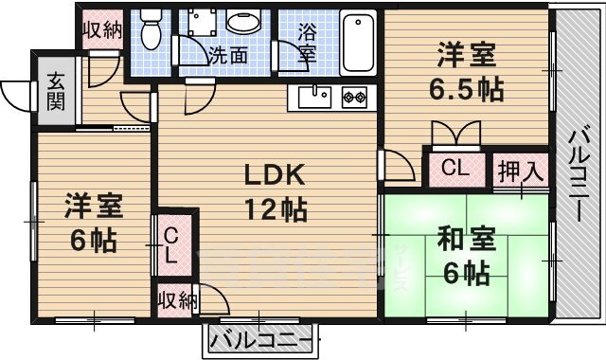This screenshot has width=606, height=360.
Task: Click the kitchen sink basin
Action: pos(313,96)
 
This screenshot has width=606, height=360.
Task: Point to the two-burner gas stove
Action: pos(353,96)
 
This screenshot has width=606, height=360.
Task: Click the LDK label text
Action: pos(274,175)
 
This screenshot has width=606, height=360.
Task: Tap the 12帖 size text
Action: pos(274,210)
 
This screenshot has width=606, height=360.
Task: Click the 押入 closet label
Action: pos(523,172)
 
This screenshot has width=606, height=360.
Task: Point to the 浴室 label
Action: pos(307,43)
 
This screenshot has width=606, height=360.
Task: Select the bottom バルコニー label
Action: pos(260,339)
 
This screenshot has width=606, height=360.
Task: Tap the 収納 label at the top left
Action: pos(101,28)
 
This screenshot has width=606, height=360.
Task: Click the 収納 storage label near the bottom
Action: pos(176,301)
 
